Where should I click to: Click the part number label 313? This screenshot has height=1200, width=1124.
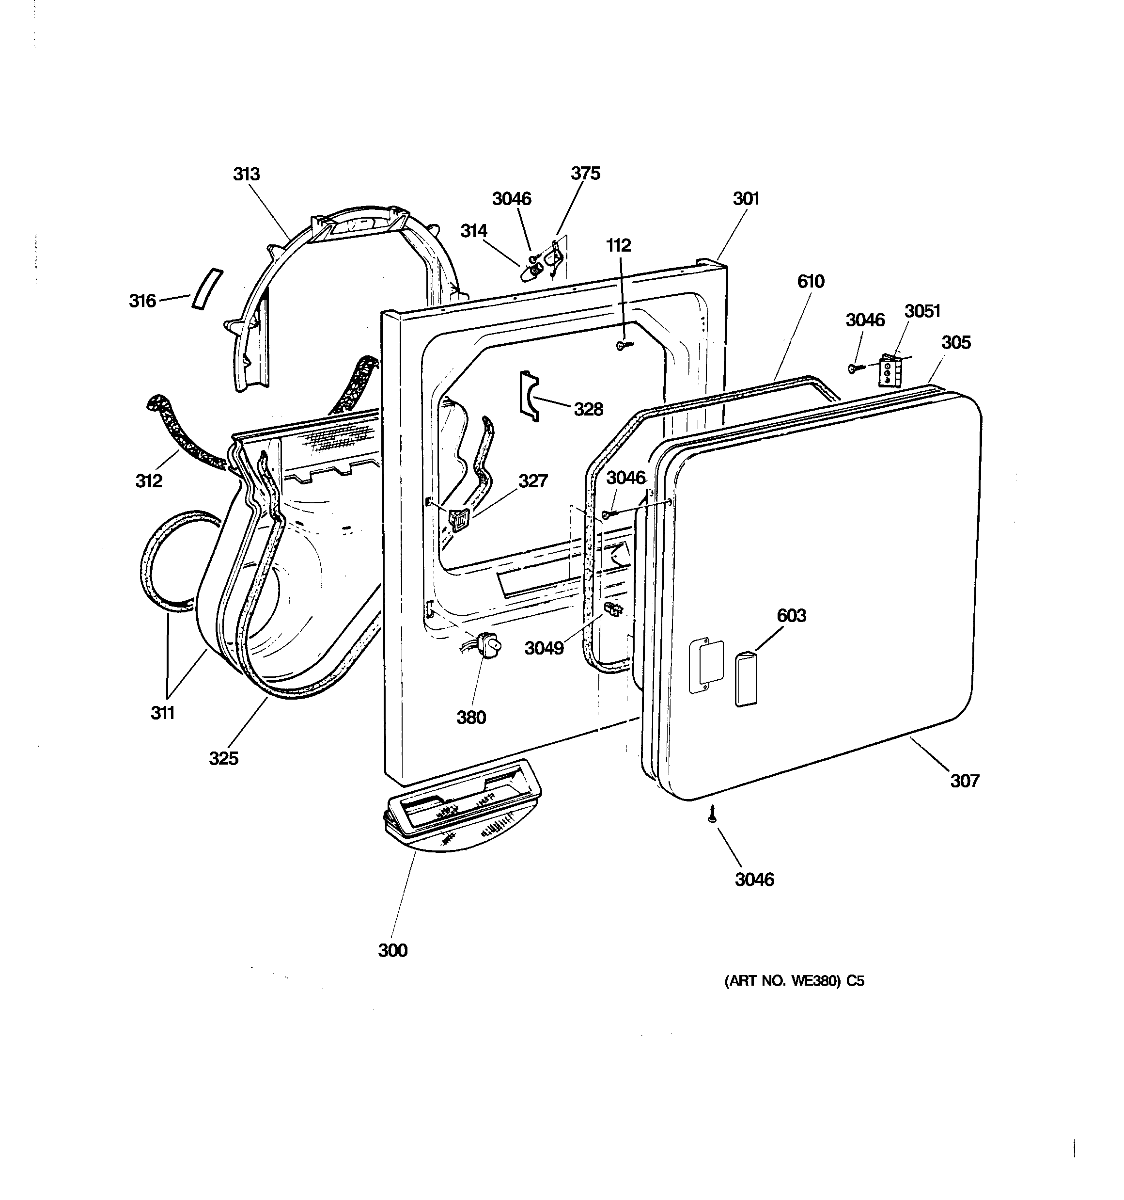coord(246,174)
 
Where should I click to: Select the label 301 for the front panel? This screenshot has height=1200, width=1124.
coord(746,199)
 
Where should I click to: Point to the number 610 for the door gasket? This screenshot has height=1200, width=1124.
coord(810,281)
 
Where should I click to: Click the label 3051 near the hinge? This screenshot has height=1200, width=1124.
coord(922,311)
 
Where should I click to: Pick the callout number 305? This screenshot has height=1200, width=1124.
coord(956,342)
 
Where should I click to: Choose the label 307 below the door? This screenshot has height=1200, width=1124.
coord(964,781)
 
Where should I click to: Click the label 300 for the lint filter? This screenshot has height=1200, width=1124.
coord(393,950)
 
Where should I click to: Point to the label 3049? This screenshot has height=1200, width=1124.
coord(544,648)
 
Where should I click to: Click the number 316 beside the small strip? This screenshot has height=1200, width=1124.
coord(142,301)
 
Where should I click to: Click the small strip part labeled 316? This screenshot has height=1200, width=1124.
coord(207,289)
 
